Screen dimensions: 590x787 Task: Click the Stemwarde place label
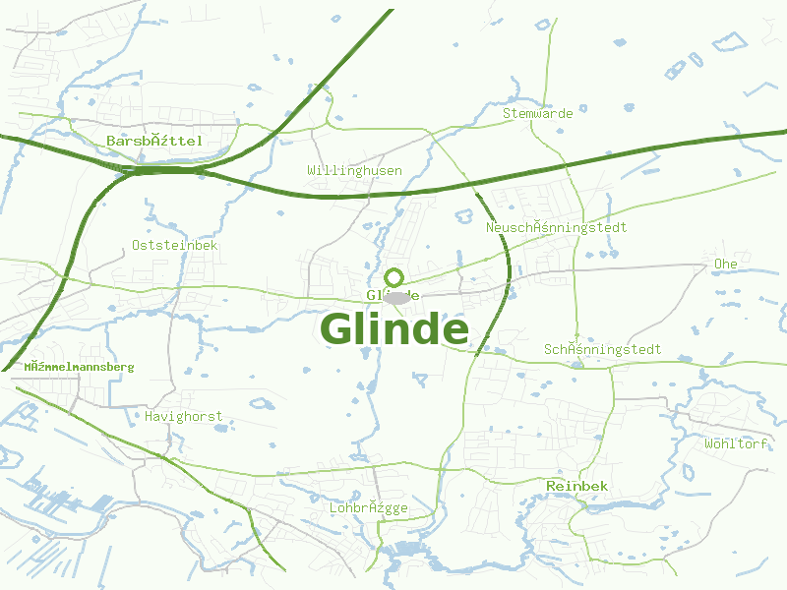click(537, 113)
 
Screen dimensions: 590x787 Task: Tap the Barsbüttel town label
click(154, 141)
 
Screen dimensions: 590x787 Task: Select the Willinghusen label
click(354, 170)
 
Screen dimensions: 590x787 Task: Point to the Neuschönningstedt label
click(556, 227)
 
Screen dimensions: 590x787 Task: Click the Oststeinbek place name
click(174, 245)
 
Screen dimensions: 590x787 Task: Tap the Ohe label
click(725, 265)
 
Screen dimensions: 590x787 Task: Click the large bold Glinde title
click(394, 329)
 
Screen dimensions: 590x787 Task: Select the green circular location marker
click(393, 277)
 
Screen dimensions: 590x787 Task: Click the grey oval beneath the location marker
click(396, 297)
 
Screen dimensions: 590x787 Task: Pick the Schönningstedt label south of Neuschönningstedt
click(602, 349)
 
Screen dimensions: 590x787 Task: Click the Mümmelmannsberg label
click(79, 367)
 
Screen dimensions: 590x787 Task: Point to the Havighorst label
click(183, 416)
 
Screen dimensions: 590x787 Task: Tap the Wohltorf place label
click(736, 443)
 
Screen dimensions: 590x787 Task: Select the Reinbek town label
click(576, 486)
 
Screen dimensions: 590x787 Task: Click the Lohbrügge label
click(368, 507)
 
